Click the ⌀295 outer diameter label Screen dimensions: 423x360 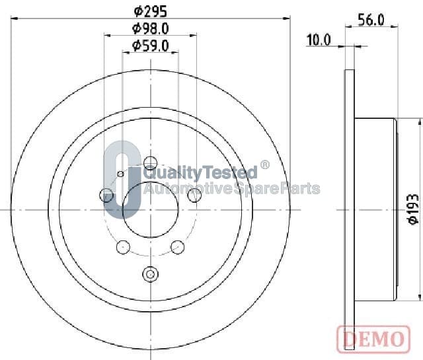(x=151, y=12)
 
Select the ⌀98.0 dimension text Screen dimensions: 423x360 (x=151, y=28)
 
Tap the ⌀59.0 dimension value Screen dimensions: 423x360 (x=151, y=46)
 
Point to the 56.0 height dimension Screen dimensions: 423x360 (x=371, y=20)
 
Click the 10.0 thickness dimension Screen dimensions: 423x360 (x=319, y=40)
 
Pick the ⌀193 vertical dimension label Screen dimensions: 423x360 (x=413, y=209)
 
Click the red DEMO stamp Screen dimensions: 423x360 (x=373, y=340)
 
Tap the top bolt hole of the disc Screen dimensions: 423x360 (x=150, y=163)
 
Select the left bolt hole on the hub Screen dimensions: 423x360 (x=106, y=195)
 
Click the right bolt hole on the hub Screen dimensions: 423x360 (x=194, y=195)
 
